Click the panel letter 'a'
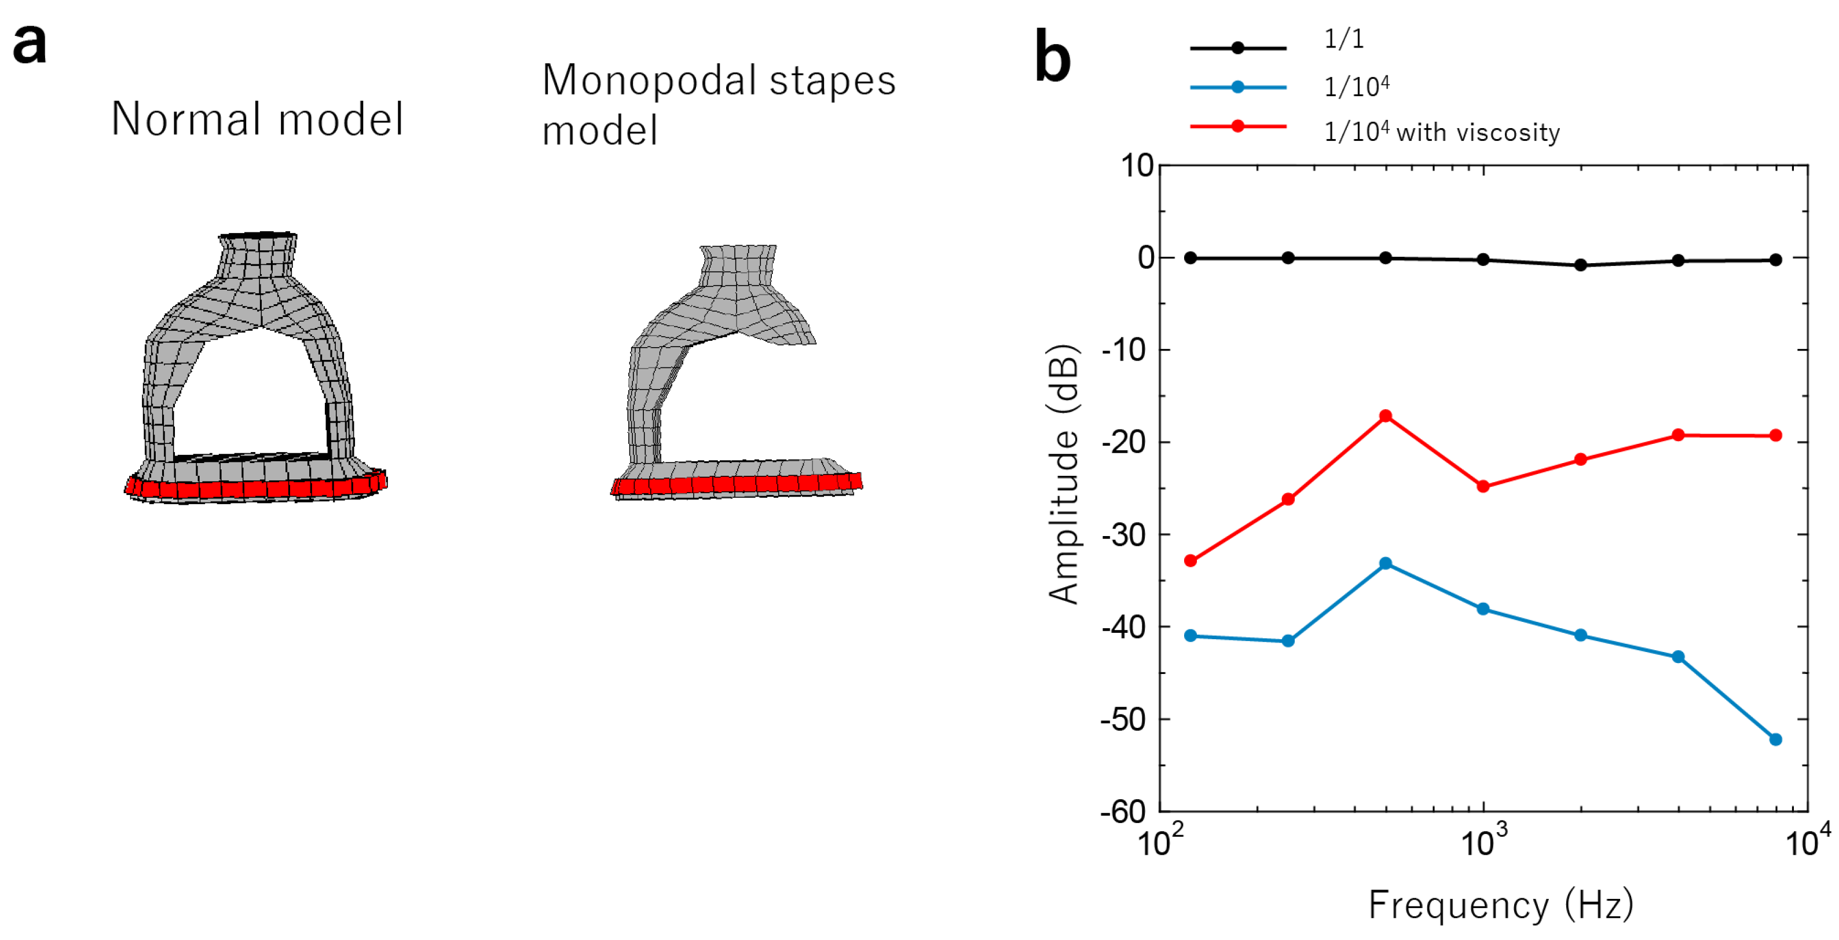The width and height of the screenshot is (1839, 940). pyautogui.click(x=30, y=44)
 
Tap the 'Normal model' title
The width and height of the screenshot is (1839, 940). pyautogui.click(x=257, y=119)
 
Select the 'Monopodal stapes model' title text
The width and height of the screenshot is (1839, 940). pyautogui.click(x=717, y=104)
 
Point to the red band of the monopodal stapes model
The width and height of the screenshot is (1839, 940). pyautogui.click(x=735, y=484)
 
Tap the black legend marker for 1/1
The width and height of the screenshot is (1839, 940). pyautogui.click(x=1237, y=48)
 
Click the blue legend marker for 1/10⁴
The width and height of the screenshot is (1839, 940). pyautogui.click(x=1237, y=87)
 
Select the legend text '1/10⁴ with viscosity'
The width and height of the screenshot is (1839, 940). pyautogui.click(x=1441, y=132)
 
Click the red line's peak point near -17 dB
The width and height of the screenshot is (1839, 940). pyautogui.click(x=1385, y=416)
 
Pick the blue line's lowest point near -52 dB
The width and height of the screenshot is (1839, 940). pyautogui.click(x=1775, y=739)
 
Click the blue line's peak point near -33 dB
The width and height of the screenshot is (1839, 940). pyautogui.click(x=1385, y=563)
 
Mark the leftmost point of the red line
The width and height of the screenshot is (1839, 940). pyautogui.click(x=1190, y=561)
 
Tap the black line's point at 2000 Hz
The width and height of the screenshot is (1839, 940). pyautogui.click(x=1581, y=265)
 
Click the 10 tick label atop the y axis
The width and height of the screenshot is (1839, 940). pyautogui.click(x=1137, y=166)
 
